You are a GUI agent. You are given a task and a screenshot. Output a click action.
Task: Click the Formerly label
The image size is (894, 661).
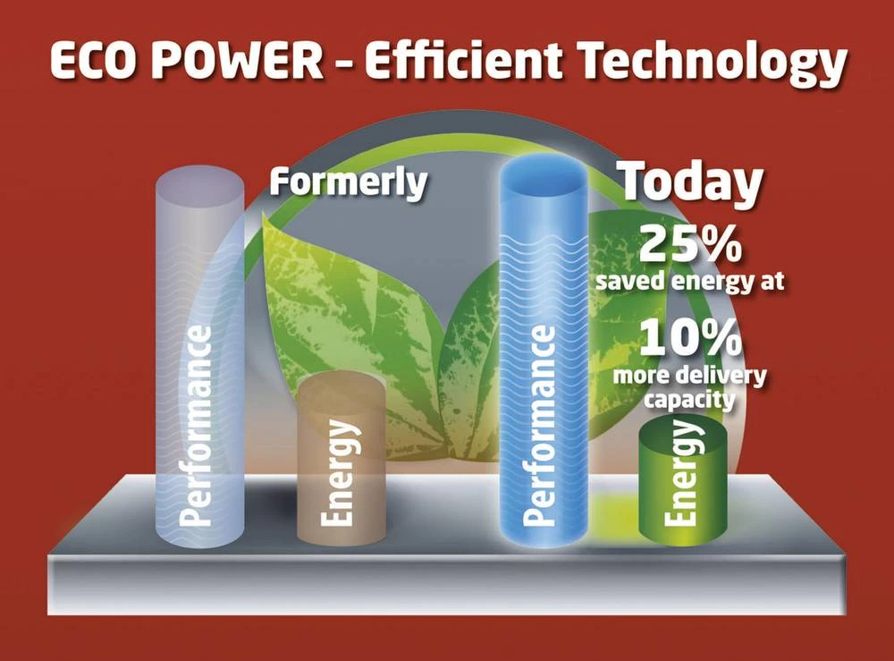pyautogui.click(x=349, y=182)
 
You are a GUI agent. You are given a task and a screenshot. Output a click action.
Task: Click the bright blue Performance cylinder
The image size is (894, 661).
pyautogui.click(x=543, y=358)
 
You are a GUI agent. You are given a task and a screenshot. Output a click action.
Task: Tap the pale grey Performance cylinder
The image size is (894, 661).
pyautogui.click(x=198, y=358)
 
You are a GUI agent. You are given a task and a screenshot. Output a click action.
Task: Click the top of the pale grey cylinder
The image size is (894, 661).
pyautogui.click(x=199, y=179)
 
